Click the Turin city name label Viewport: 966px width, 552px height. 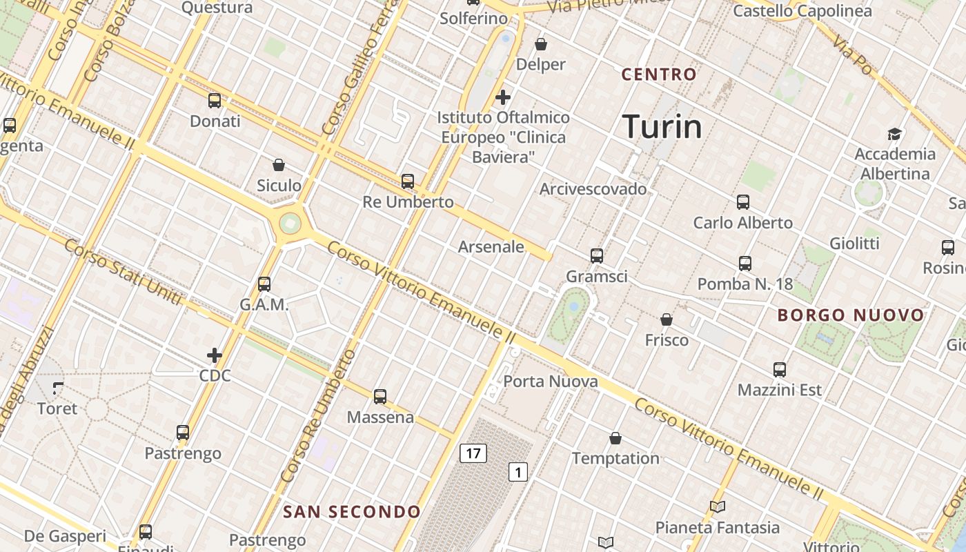click(x=662, y=127)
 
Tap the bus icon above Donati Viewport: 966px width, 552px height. click(x=215, y=101)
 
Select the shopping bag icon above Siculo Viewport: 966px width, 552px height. click(x=279, y=165)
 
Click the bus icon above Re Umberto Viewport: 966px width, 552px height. click(x=408, y=181)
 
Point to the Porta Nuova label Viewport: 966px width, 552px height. click(x=550, y=382)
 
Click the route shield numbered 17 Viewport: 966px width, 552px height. click(x=473, y=453)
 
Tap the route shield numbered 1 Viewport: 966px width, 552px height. click(x=518, y=472)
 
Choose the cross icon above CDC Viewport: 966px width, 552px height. click(x=215, y=355)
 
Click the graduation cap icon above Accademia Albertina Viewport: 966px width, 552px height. click(x=895, y=134)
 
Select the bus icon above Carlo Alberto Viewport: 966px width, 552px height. click(x=743, y=202)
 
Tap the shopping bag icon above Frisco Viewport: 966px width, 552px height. click(x=667, y=319)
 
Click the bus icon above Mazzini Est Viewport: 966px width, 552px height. click(x=780, y=370)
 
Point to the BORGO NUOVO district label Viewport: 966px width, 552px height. click(x=851, y=315)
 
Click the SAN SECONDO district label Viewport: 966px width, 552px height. click(x=352, y=511)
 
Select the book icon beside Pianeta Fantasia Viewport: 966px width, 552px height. click(x=718, y=507)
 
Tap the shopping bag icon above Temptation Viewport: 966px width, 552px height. click(x=615, y=438)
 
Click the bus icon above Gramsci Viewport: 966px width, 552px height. click(x=597, y=256)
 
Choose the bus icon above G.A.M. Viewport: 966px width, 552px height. click(x=264, y=284)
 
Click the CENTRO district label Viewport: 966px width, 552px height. click(x=659, y=75)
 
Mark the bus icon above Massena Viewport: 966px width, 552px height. click(x=380, y=397)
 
